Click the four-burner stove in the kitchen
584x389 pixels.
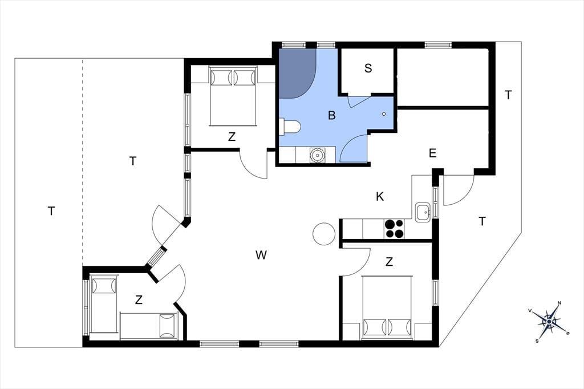[394, 228]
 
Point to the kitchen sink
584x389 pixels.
[423, 212]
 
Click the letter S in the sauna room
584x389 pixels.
[368, 68]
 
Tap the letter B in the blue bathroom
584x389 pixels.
[331, 115]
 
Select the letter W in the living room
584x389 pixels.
[261, 255]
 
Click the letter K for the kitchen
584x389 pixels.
[379, 196]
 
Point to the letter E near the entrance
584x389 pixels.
[432, 153]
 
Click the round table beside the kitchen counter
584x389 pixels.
[324, 234]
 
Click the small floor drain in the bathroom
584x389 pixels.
[384, 114]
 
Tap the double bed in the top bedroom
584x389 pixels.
[233, 96]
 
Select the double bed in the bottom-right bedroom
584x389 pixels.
[387, 307]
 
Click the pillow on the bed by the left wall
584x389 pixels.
[104, 286]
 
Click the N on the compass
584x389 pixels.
[559, 303]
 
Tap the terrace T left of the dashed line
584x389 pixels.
[51, 211]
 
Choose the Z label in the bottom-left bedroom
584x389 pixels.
[139, 299]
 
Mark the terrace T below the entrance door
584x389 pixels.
[482, 222]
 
